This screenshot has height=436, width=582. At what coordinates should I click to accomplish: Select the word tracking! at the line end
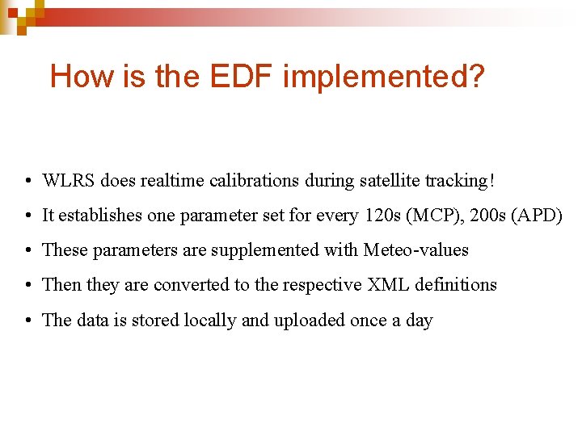pyautogui.click(x=461, y=180)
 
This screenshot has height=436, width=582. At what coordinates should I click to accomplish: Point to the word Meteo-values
pyautogui.click(x=415, y=250)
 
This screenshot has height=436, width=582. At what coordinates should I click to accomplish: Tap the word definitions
pyautogui.click(x=456, y=285)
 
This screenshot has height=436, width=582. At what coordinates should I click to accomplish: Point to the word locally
pyautogui.click(x=210, y=321)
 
